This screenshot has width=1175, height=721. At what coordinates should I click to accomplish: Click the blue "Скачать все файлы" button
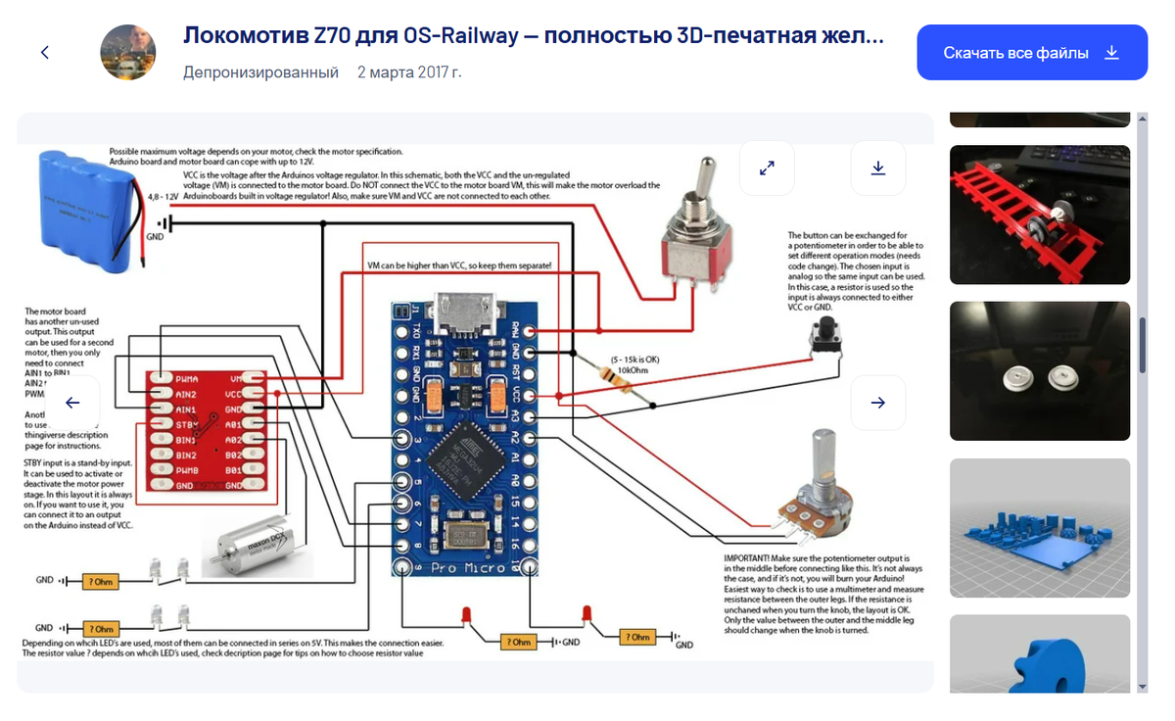[1031, 53]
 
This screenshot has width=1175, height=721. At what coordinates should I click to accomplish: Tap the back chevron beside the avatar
[45, 53]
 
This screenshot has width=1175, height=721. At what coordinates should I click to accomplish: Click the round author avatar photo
[128, 53]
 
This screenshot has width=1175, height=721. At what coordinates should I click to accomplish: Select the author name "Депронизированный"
[260, 72]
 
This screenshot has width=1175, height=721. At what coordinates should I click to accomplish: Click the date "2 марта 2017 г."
[409, 72]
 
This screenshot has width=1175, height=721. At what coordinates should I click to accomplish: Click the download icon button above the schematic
[877, 168]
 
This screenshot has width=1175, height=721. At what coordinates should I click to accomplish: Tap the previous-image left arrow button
[72, 403]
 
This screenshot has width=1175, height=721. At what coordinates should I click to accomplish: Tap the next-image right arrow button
[877, 403]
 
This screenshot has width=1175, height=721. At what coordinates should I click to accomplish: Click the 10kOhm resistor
[621, 378]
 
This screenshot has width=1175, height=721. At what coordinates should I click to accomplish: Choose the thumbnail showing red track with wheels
[1039, 215]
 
